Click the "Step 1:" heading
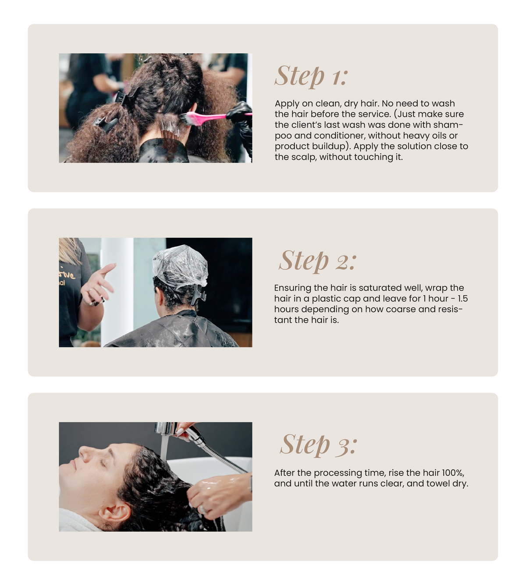pyautogui.click(x=311, y=76)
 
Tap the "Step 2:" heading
pyautogui.click(x=318, y=261)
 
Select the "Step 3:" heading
pyautogui.click(x=319, y=445)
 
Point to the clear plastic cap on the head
pyautogui.click(x=180, y=266)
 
